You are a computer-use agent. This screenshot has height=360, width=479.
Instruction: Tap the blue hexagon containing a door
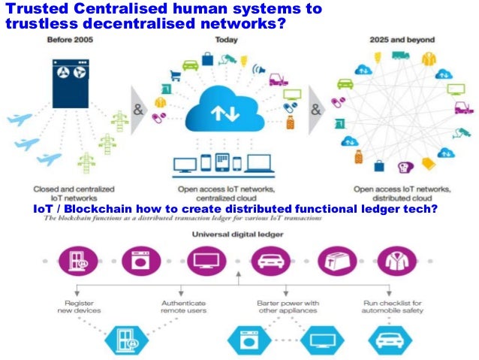(x=119, y=340)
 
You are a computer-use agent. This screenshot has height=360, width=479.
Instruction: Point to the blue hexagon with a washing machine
(x=248, y=340)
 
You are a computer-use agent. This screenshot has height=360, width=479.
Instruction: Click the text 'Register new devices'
(x=79, y=306)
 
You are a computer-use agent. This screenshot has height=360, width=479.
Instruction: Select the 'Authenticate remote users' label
(x=183, y=306)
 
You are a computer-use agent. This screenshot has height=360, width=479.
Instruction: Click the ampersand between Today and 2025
(x=315, y=108)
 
